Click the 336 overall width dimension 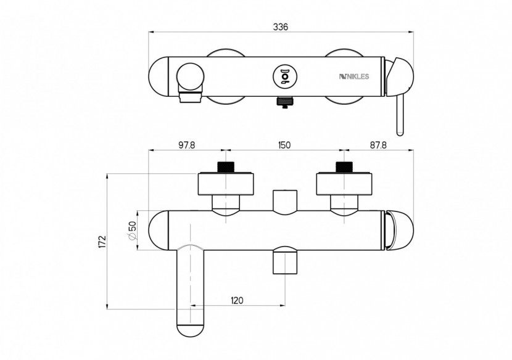(x=281, y=27)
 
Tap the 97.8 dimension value (x=186, y=145)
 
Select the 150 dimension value (x=283, y=145)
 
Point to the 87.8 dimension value (x=378, y=145)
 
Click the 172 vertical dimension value (x=102, y=242)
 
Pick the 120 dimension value (x=237, y=300)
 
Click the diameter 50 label (x=132, y=231)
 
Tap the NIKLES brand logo (x=353, y=76)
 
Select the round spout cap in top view (x=190, y=77)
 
